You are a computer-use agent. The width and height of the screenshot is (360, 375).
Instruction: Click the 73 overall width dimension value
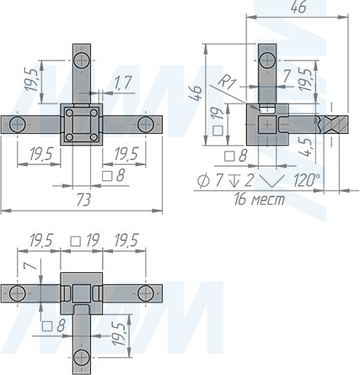pyautogui.click(x=83, y=201)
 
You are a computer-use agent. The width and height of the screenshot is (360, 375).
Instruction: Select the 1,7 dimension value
pyautogui.click(x=123, y=83)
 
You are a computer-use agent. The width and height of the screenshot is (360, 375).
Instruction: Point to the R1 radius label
pyautogui.click(x=226, y=82)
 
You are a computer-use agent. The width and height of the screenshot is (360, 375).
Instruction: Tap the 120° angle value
pyautogui.click(x=307, y=179)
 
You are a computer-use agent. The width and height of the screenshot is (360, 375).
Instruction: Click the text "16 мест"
pyautogui.click(x=260, y=199)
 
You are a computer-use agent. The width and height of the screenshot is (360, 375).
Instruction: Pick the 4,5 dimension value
pyautogui.click(x=305, y=147)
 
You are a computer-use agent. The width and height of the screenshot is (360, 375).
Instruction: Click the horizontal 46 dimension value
pyautogui.click(x=298, y=8)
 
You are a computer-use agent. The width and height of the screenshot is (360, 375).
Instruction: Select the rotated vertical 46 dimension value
pyautogui.click(x=195, y=93)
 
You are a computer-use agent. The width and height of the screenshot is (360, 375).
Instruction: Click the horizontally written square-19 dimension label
pyautogui.click(x=85, y=240)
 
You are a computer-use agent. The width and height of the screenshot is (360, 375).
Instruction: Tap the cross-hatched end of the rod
pyautogui.click(x=335, y=124)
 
